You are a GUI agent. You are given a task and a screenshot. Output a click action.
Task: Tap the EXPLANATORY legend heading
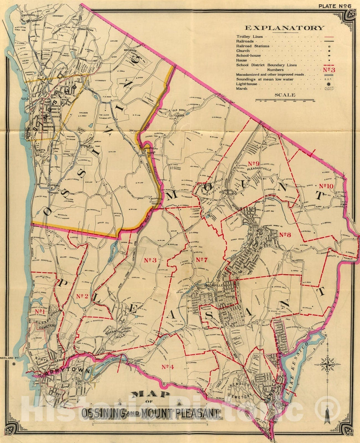click(x=284, y=28)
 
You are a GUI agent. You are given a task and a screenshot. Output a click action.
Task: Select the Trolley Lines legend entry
click(x=250, y=37)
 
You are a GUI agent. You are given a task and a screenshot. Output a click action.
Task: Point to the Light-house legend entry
click(x=247, y=84)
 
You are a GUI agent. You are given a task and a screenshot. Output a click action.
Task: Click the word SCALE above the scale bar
click(x=285, y=95)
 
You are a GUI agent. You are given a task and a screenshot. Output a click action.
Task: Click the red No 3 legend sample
click(x=329, y=70)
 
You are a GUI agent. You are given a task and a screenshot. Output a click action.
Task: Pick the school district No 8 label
click(x=286, y=235)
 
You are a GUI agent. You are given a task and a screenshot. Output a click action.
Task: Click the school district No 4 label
click(x=169, y=367)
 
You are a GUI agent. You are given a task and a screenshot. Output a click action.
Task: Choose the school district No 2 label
click(x=82, y=296)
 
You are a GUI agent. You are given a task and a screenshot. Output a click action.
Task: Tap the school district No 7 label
click(x=202, y=260)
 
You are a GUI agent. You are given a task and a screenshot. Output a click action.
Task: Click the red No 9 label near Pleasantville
click(x=254, y=163)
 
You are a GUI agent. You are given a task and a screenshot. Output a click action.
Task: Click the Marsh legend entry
click(x=242, y=89)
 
